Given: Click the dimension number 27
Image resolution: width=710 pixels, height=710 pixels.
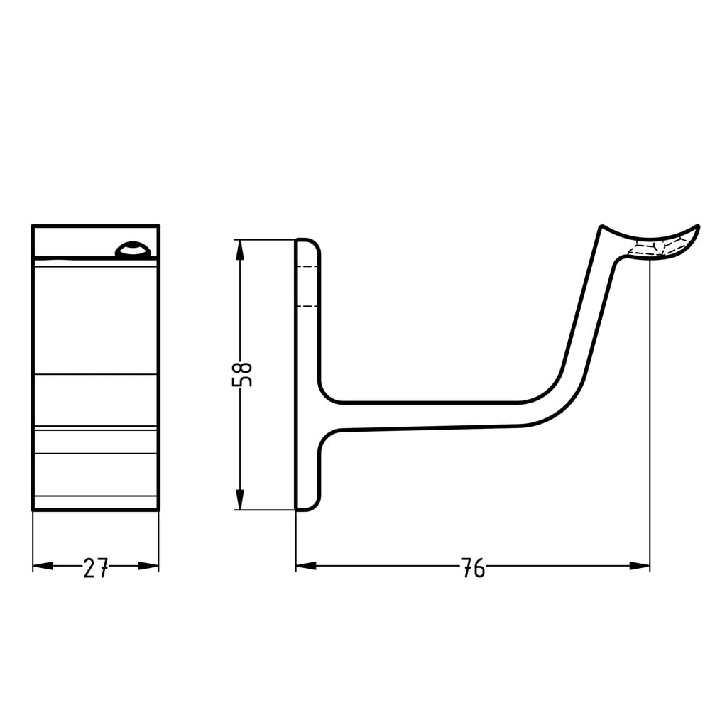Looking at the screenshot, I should click(96, 568).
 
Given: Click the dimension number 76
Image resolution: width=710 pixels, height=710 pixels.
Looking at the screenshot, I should click(473, 568).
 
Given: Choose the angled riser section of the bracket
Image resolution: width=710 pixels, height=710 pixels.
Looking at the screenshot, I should click(589, 312).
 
